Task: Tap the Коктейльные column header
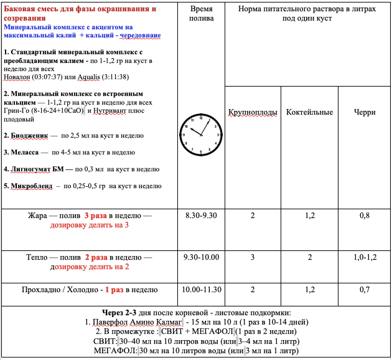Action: coord(309,112)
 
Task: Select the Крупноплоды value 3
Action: coord(253,257)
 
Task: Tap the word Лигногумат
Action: coord(32,169)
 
